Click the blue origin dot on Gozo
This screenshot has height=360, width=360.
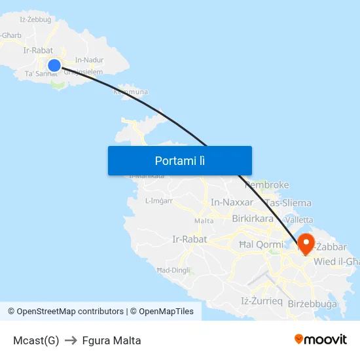tap(54, 65)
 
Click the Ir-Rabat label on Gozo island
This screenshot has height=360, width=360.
tap(37, 50)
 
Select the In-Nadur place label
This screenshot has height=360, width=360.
tap(90, 60)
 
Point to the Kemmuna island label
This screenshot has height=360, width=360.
tap(131, 92)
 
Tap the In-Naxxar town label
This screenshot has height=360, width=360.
tap(232, 202)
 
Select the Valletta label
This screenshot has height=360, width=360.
tap(299, 220)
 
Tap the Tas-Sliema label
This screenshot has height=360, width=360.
tap(289, 203)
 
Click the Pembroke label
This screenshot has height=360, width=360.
tap(266, 185)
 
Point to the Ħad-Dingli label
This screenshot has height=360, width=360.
tap(173, 270)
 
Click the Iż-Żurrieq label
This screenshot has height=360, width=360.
tap(262, 301)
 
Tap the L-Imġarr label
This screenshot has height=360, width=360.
tap(159, 201)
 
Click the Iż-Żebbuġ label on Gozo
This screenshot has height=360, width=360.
tap(35, 20)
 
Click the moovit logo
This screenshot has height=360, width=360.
tap(321, 340)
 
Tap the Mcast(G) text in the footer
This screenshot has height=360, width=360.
tap(36, 340)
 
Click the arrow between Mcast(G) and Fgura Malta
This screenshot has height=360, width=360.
tap(71, 340)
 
